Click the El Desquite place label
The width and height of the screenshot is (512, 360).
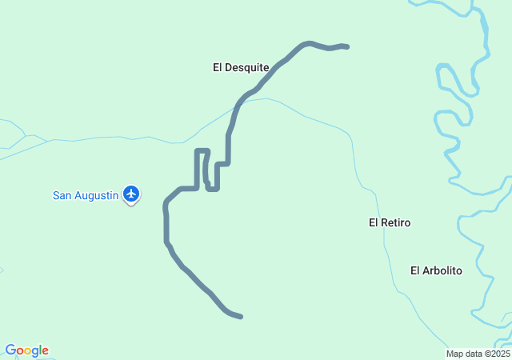241,68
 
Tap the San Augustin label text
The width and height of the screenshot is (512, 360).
86,194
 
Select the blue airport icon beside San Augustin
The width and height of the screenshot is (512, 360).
132,193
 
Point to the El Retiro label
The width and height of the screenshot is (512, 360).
390,222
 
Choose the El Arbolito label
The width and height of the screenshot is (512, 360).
436,270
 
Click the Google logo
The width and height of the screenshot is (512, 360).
26,350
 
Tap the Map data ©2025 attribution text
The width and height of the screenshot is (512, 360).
478,354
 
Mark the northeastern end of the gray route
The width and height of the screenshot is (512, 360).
346,46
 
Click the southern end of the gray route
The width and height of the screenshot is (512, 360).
240,317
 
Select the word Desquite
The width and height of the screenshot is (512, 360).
247,68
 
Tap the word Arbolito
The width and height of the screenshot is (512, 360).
443,270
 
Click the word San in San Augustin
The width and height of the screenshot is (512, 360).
62,194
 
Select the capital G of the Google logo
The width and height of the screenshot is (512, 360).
10,350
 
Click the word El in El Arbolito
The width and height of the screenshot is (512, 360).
416,270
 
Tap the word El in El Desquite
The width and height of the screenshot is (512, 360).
218,68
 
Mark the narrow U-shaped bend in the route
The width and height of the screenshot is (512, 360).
203,151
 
